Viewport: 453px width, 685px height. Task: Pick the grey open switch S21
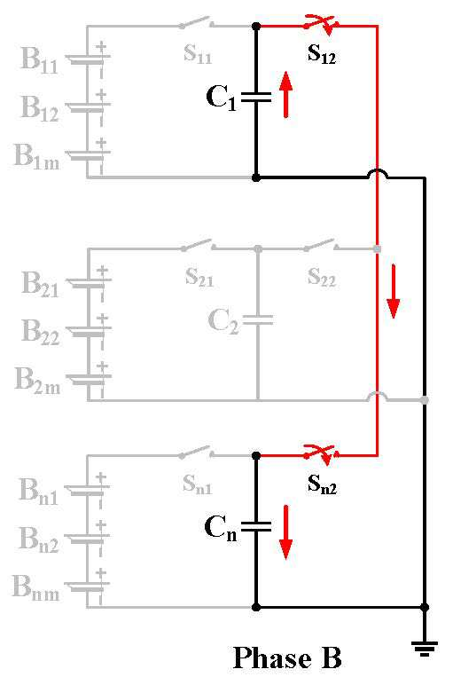click(198, 246)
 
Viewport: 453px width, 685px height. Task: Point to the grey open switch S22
click(320, 246)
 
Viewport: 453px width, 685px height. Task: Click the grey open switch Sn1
click(196, 453)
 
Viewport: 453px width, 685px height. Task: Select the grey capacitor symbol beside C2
click(258, 320)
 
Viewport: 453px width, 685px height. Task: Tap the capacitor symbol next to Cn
click(256, 526)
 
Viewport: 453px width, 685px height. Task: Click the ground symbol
click(425, 648)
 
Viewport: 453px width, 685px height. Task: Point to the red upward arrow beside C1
click(285, 95)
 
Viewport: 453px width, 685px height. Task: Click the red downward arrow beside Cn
click(285, 532)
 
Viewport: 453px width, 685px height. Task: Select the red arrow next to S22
click(394, 291)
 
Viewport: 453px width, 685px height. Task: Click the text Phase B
click(287, 657)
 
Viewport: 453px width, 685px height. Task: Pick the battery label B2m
click(37, 380)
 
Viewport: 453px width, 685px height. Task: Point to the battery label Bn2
click(39, 539)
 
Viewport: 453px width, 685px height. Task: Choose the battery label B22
click(40, 332)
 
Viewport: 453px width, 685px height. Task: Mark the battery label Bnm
click(35, 587)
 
